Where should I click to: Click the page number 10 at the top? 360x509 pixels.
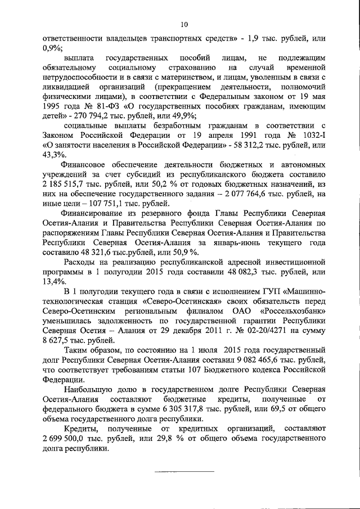coord(184,23)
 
